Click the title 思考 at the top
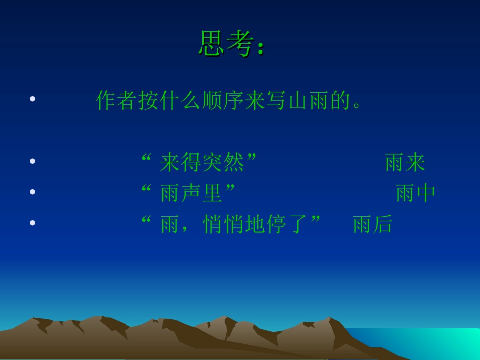coord(225,43)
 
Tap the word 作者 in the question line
coord(117,100)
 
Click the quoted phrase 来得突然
coord(202,163)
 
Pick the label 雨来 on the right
coord(405,163)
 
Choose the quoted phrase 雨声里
coord(191,193)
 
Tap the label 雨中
coord(415,193)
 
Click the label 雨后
coord(372,224)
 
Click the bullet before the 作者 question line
coord(33,99)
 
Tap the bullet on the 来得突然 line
coord(33,161)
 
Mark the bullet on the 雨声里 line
coord(33,192)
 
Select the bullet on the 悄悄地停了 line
coord(33,223)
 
